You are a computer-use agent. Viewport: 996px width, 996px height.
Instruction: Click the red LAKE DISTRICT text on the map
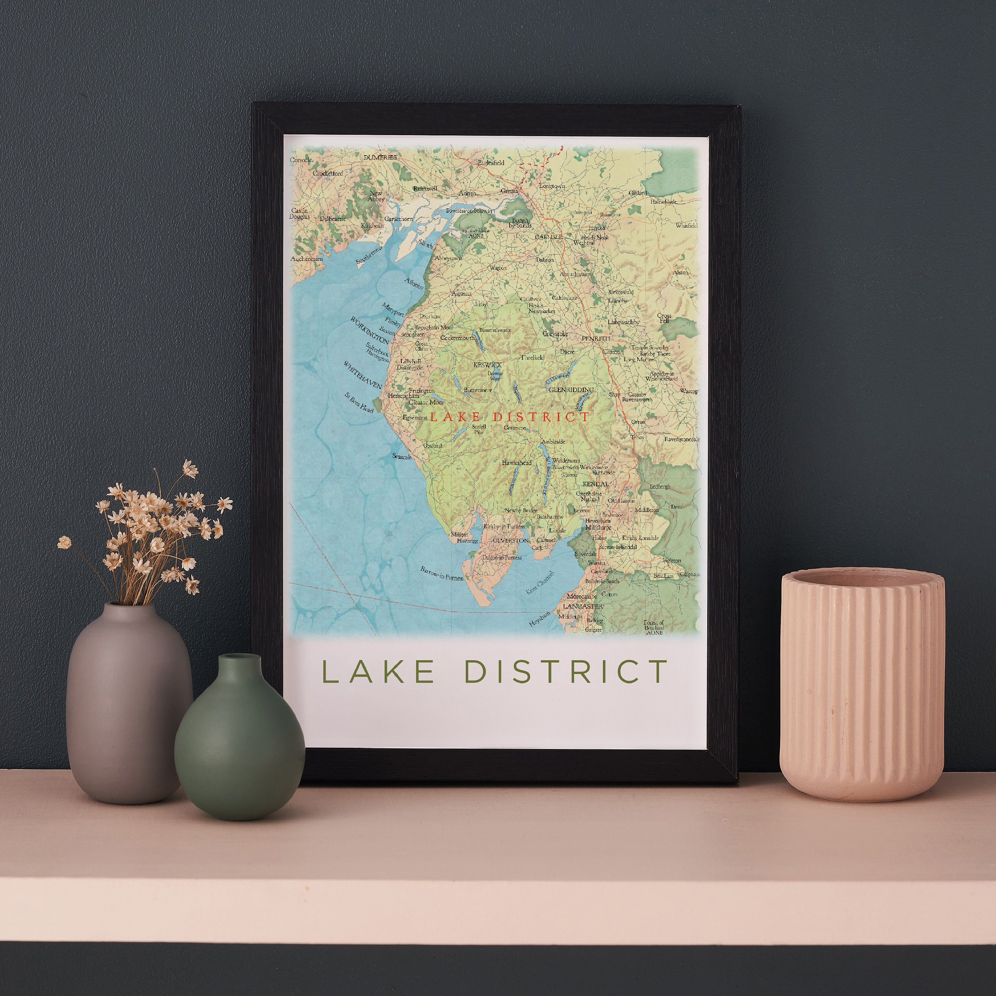tap(509, 417)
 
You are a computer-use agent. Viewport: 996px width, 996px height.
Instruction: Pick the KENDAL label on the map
tap(595, 484)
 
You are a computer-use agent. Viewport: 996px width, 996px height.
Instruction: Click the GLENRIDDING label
tap(571, 390)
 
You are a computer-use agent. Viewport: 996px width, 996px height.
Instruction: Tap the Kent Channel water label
tap(540, 583)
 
